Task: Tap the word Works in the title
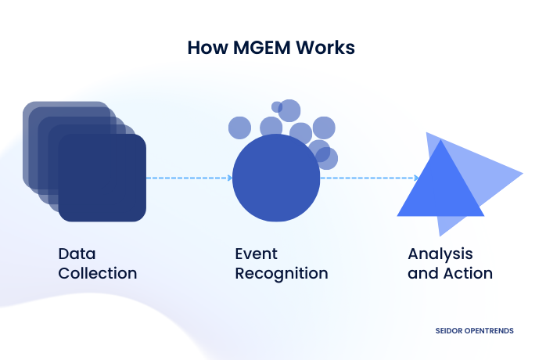tap(328, 48)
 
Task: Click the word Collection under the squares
tap(98, 274)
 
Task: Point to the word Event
tap(257, 254)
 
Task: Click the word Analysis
tap(440, 254)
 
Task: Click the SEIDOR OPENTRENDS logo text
tap(474, 331)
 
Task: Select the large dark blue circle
tap(276, 178)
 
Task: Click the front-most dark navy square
tap(102, 178)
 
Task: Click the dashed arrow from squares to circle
tap(189, 178)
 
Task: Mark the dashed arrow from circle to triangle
tap(368, 178)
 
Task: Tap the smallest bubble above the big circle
tap(277, 106)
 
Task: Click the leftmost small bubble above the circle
tap(239, 127)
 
